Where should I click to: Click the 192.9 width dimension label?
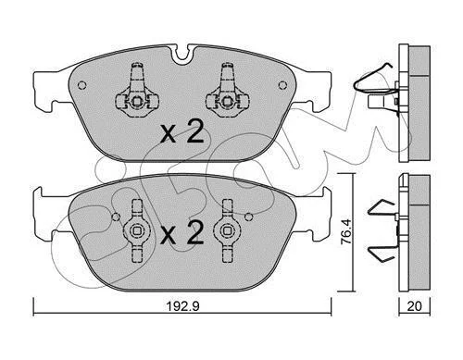(x=183, y=306)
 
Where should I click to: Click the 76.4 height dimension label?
(x=345, y=231)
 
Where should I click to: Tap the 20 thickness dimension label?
(x=414, y=306)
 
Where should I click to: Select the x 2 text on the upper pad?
(x=182, y=131)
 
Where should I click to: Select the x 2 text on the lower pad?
(x=182, y=233)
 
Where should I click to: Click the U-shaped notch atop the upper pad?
(x=183, y=55)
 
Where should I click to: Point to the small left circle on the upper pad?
(x=81, y=85)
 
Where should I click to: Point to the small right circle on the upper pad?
(x=282, y=85)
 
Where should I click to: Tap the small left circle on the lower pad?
(x=116, y=217)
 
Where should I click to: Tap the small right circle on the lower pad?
(x=249, y=217)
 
